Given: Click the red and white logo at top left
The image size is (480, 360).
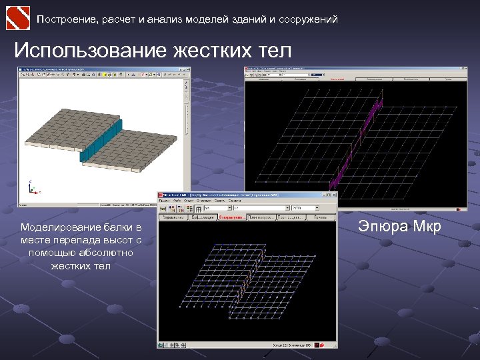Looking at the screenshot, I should (17, 17).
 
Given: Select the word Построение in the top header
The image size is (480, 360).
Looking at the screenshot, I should (67, 19).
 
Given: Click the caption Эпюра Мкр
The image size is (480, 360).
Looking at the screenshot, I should (399, 227).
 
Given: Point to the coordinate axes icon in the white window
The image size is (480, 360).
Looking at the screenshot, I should (32, 187).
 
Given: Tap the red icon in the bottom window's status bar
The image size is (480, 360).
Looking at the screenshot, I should (321, 345).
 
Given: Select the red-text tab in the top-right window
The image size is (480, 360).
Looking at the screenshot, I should (337, 77).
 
